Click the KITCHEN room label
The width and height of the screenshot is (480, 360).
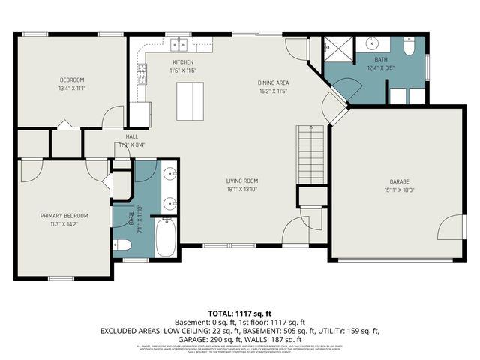tap(184, 62)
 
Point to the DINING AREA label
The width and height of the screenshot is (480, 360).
tap(274, 82)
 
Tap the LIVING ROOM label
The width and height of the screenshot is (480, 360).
tap(242, 181)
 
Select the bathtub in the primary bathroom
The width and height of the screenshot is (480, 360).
tap(165, 238)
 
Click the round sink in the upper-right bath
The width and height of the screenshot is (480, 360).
tap(373, 43)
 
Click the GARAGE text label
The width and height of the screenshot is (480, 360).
tap(399, 181)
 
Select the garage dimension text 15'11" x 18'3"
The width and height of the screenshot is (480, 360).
tap(399, 190)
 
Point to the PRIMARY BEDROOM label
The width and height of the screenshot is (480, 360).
tap(64, 215)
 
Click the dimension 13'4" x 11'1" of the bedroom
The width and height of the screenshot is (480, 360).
tap(72, 88)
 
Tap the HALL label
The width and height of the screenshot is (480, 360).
tap(132, 137)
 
